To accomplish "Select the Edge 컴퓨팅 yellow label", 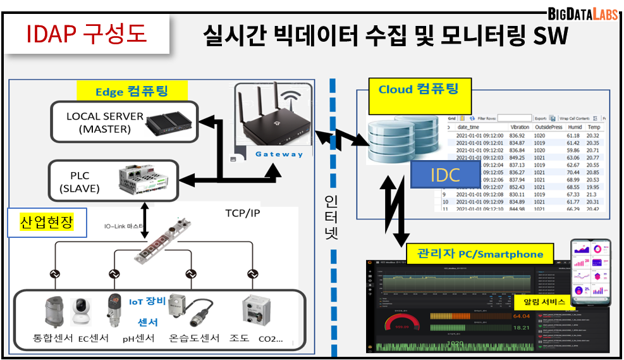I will (132, 91).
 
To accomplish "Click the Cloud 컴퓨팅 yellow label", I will (418, 89).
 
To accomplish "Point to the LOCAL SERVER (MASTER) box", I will (123, 123).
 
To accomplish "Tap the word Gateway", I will (279, 154).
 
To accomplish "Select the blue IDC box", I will (445, 175).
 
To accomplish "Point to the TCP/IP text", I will (242, 213).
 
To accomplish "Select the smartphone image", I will (591, 271).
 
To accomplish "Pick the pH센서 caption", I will (138, 338).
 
